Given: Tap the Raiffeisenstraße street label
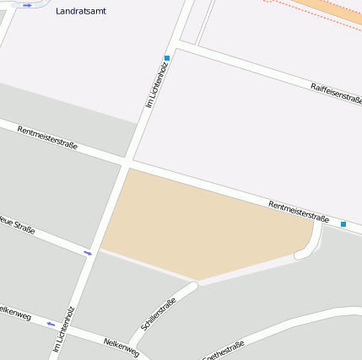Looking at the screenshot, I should (x=336, y=93).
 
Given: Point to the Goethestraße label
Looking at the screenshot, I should (x=224, y=350).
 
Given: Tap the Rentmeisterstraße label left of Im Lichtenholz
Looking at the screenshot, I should (x=47, y=138).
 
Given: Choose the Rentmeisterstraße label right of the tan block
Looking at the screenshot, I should (x=298, y=211).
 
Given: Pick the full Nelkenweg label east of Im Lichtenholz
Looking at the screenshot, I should (x=121, y=347).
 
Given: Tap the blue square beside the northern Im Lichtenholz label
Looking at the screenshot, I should (x=167, y=58).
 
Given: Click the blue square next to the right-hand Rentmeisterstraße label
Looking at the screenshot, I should (x=343, y=224).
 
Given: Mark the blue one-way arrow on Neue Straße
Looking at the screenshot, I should (x=88, y=252).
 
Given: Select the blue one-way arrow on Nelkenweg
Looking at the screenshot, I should (x=52, y=323).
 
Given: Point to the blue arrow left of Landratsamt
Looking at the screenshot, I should (x=30, y=5).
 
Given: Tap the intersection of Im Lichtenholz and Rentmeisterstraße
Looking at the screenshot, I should (x=127, y=159).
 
